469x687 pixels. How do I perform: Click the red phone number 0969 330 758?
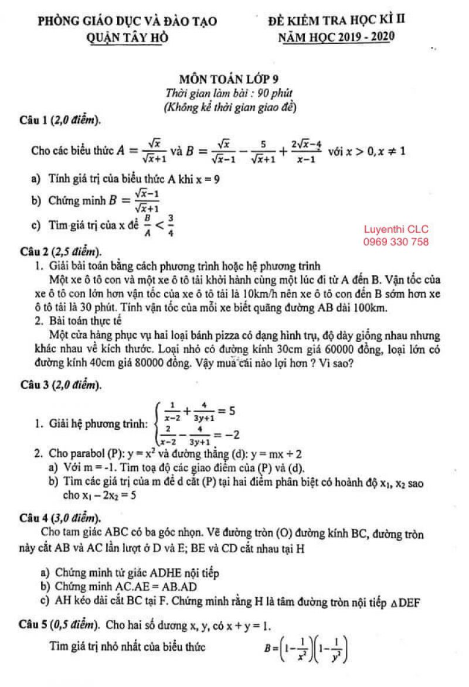click(397, 241)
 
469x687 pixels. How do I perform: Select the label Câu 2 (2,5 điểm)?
click(60, 252)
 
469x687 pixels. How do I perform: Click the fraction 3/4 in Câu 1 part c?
click(171, 225)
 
